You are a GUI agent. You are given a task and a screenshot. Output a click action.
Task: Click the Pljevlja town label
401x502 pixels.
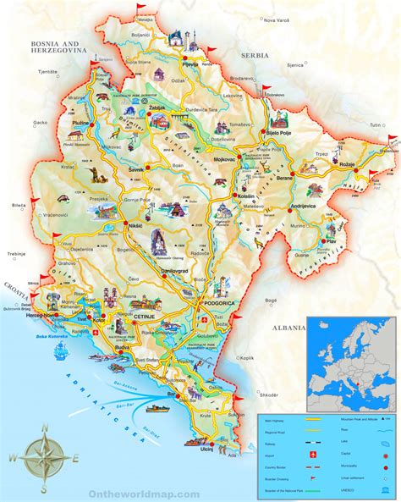point(192,63)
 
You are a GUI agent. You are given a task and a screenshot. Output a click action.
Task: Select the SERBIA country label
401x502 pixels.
point(255,55)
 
